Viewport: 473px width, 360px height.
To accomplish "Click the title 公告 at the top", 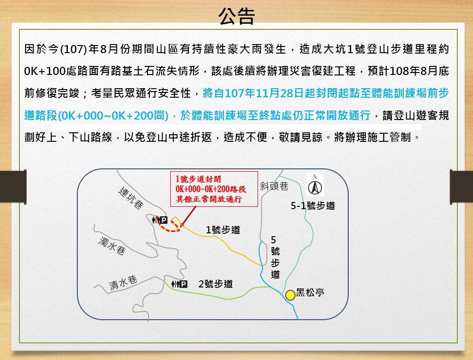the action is click(236, 16).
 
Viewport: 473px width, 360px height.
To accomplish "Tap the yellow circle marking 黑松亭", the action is click(290, 295).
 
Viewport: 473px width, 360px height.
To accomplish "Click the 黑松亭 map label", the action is click(310, 293).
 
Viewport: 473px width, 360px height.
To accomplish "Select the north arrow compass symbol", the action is click(315, 185).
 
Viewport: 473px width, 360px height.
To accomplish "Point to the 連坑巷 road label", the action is click(131, 198).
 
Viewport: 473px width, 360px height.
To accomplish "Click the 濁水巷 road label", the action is click(112, 246).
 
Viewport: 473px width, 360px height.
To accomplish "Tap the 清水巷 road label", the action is click(123, 283).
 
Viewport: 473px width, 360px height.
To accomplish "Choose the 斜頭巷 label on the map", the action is click(274, 186).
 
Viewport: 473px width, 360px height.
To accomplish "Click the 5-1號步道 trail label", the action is click(313, 206).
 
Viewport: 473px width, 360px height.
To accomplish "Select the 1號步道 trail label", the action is click(223, 230).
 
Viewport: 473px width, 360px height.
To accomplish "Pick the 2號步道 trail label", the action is click(216, 284).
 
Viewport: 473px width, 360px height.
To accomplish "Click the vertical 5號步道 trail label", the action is click(275, 257).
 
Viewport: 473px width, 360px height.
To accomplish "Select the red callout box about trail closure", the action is click(214, 189).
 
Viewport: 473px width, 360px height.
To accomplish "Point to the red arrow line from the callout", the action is click(189, 215).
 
